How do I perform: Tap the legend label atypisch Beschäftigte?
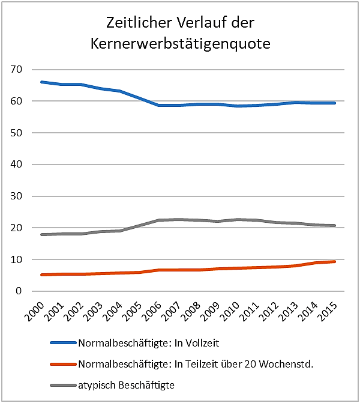pos(125,384)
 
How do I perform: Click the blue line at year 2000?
pos(41,82)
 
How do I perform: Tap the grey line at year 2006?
pos(159,220)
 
